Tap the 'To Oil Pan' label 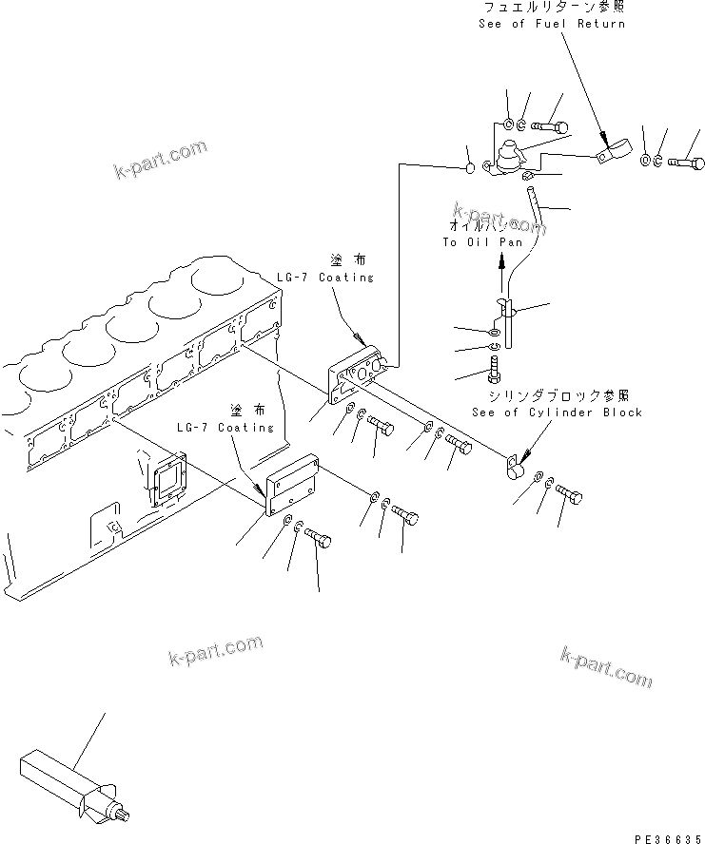pyautogui.click(x=482, y=242)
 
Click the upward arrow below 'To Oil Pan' pyautogui.click(x=500, y=278)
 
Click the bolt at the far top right pyautogui.click(x=686, y=163)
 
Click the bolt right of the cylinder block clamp pyautogui.click(x=568, y=491)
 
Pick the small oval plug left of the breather pyautogui.click(x=469, y=169)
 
